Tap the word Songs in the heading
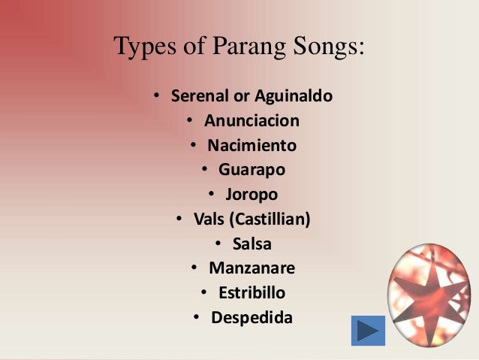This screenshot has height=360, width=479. click(x=325, y=47)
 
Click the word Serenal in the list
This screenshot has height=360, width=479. click(x=198, y=97)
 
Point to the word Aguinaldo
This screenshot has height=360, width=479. click(x=294, y=97)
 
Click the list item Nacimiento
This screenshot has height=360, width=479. click(x=252, y=145)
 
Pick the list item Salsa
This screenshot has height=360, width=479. click(x=252, y=244)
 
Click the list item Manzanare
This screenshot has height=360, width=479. click(x=252, y=268)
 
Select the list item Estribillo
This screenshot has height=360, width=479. click(x=252, y=292)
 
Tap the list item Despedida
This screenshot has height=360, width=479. click(x=252, y=317)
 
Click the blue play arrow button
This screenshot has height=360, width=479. click(x=368, y=331)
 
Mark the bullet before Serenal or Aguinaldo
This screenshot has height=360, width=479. click(x=156, y=97)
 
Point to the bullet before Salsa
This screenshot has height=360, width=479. click(x=217, y=244)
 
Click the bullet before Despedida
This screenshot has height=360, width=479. click(x=196, y=317)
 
